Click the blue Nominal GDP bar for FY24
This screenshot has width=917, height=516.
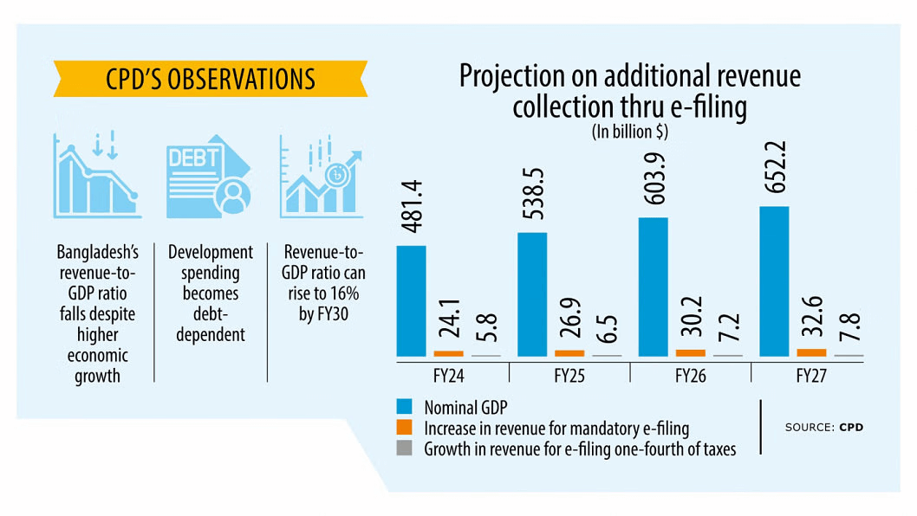pyautogui.click(x=411, y=301)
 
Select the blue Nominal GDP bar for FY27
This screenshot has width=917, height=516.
pyautogui.click(x=774, y=281)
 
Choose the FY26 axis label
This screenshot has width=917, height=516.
pyautogui.click(x=689, y=377)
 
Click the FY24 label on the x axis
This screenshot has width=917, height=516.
pyautogui.click(x=447, y=377)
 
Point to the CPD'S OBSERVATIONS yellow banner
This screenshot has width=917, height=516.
pyautogui.click(x=211, y=79)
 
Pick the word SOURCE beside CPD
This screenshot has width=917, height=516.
pyautogui.click(x=809, y=428)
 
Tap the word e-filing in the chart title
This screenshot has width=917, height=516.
pyautogui.click(x=707, y=108)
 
